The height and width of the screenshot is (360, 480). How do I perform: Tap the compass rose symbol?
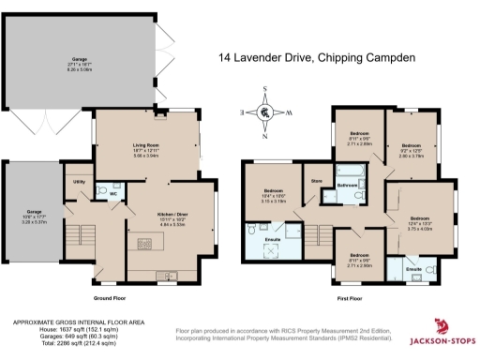pyautogui.click(x=265, y=112)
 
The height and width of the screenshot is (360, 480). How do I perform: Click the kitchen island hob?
pyautogui.click(x=145, y=246)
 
